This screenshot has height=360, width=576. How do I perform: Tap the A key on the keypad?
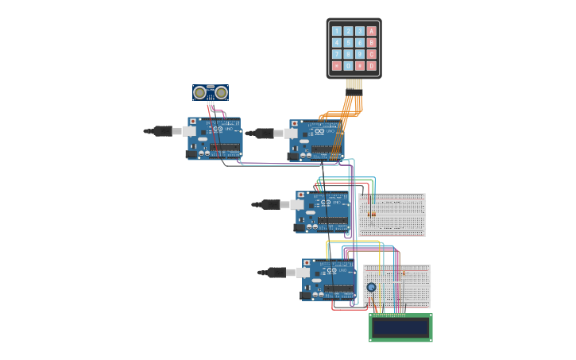(x=371, y=31)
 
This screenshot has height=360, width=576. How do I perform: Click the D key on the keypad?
(x=371, y=65)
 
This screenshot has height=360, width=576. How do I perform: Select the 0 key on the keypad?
(x=348, y=65)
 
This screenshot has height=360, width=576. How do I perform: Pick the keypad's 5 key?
(x=348, y=43)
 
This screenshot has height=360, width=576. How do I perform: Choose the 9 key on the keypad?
(x=359, y=54)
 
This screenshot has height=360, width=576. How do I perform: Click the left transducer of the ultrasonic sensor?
(x=199, y=93)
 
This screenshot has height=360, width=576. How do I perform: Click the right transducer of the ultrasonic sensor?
(x=221, y=93)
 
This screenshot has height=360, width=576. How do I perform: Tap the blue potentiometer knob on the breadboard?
(x=371, y=287)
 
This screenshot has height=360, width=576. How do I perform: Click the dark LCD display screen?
(x=400, y=327)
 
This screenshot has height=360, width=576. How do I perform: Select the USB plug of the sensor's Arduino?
(x=163, y=131)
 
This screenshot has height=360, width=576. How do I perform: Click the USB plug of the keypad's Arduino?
(x=265, y=134)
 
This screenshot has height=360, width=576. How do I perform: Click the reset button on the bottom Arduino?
(x=307, y=263)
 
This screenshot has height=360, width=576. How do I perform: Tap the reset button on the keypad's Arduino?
(x=294, y=124)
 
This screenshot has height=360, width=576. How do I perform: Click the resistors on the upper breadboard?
(x=373, y=213)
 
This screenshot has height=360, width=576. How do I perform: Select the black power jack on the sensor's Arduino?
(x=191, y=154)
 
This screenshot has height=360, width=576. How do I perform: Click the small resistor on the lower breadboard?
(x=403, y=273)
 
